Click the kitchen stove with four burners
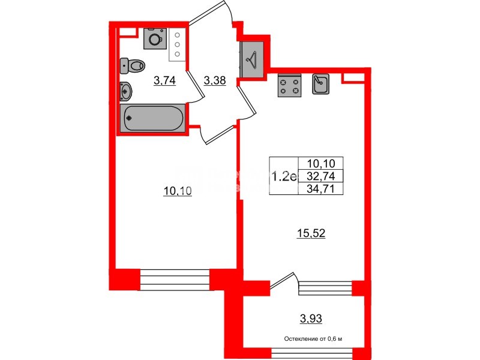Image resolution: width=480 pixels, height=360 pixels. coord(289,85)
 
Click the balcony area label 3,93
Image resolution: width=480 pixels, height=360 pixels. coord(311,317)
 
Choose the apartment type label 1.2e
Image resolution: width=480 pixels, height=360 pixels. coord(284,176)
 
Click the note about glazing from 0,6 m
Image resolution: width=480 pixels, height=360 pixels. coord(313,340)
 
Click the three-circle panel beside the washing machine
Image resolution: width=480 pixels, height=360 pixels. coord(178,44)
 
